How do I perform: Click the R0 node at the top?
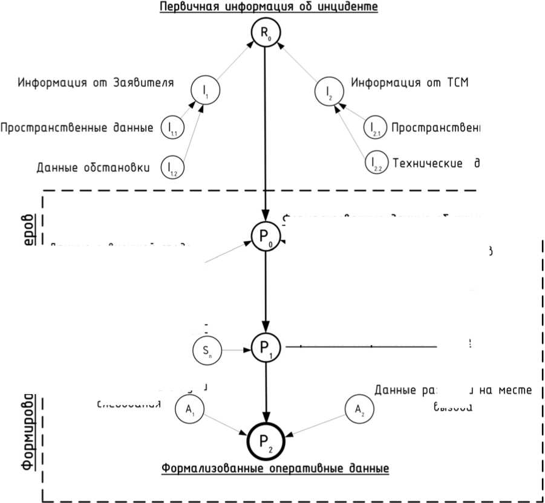(265, 34)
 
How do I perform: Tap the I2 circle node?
(328, 91)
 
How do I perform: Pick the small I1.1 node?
(172, 128)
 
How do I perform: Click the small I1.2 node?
(172, 167)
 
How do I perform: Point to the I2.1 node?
(375, 128)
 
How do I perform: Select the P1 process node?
(266, 348)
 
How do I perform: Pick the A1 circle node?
(189, 409)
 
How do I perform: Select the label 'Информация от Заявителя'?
(96, 82)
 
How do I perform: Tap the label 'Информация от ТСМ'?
(410, 82)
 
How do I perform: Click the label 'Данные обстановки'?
(93, 167)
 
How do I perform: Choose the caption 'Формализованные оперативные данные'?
(275, 469)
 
